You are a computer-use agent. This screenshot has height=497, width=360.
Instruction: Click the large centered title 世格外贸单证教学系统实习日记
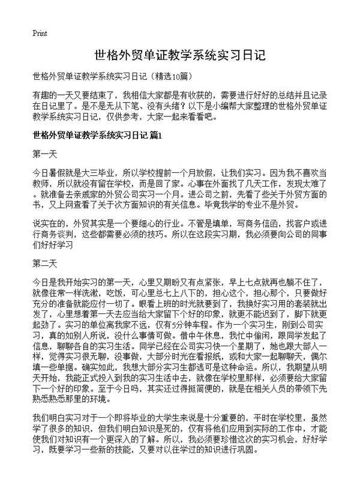tap(180, 56)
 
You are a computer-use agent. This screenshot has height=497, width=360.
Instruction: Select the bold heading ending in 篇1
tap(98, 135)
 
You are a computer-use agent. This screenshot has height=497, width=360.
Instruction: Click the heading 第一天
tap(46, 155)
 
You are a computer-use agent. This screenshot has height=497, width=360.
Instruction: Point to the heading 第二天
tap(46, 263)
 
